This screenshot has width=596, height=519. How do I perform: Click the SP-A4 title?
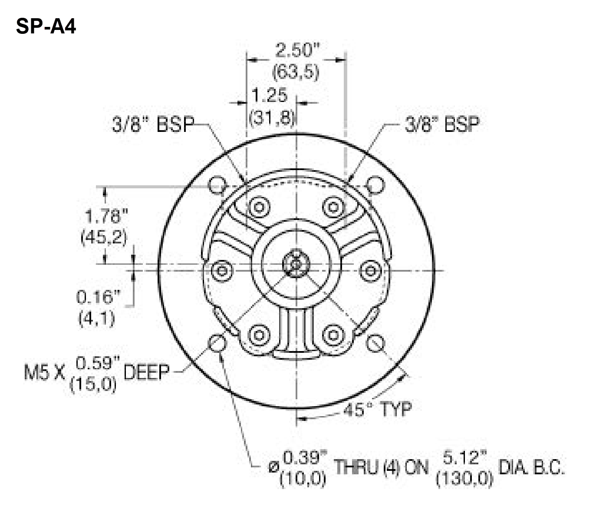46,27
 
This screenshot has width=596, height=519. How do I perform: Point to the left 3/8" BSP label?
153,125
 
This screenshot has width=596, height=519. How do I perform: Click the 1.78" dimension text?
104,216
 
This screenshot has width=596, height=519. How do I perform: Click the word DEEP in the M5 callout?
146,372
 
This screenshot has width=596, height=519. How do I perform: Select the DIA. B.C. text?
532,468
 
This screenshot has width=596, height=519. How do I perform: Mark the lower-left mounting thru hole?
217,344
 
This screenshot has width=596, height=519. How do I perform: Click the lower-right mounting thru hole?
375,344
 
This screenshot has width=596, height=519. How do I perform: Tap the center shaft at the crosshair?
296,264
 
